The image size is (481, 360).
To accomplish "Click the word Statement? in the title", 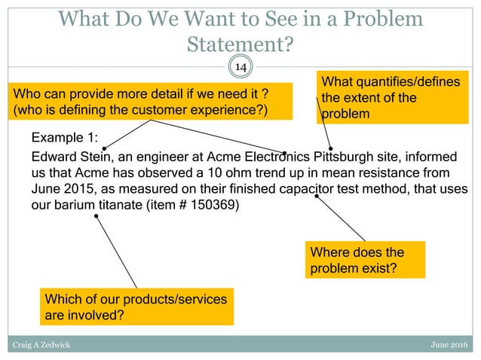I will (x=240, y=44).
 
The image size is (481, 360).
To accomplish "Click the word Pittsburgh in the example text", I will (x=332, y=157).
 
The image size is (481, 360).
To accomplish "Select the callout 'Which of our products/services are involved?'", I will (x=136, y=307).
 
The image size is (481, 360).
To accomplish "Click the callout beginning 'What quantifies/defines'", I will (x=393, y=97).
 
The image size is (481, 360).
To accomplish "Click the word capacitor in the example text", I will (x=313, y=188).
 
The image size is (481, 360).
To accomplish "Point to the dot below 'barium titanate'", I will (x=96, y=216).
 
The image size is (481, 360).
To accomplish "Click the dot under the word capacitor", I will (x=317, y=197).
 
